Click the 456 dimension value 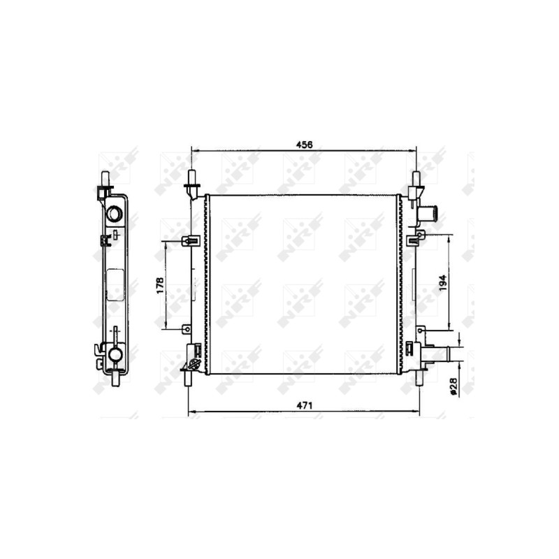coord(304,145)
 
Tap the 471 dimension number coord(304,405)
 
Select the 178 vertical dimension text coord(160,286)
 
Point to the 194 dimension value coord(442,283)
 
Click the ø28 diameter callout coord(453,386)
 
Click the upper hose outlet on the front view coord(428,214)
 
